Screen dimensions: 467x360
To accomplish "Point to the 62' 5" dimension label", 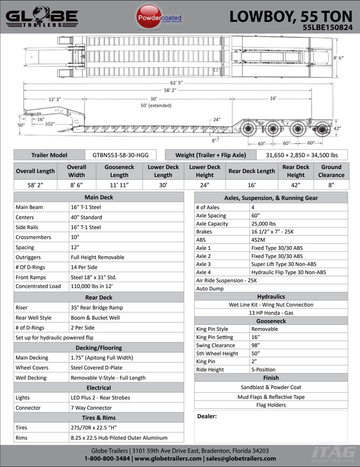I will point(176,83).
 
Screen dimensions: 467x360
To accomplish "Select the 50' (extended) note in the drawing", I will point(156,105).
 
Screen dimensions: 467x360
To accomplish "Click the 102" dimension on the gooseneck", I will point(49,124).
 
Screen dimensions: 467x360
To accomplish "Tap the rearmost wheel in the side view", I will point(322,129).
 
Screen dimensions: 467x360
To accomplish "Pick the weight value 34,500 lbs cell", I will point(302,155).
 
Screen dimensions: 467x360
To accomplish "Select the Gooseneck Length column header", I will point(119,171).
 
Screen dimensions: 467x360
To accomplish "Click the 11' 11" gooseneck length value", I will point(119,185).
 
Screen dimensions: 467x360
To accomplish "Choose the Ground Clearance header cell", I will point(331,171).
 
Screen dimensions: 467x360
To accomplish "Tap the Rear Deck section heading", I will point(99,297).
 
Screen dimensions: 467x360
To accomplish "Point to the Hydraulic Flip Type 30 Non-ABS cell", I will point(288,272).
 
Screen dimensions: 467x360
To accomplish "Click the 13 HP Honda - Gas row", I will point(271,313).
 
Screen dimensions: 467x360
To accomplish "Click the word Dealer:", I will point(207,416).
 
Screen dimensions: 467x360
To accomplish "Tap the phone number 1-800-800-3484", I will point(107,458).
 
